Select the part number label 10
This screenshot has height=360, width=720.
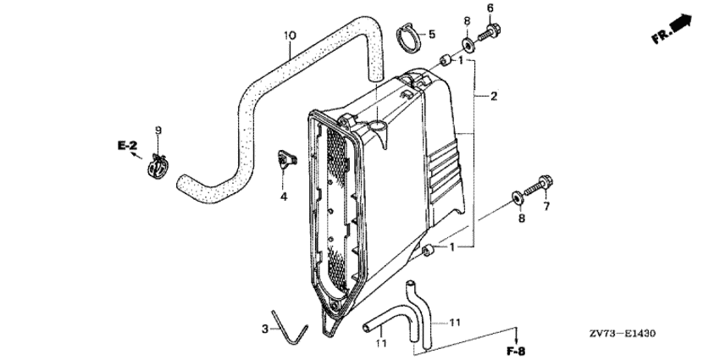click(290, 35)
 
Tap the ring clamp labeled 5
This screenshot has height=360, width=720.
click(407, 37)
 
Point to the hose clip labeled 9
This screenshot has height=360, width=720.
click(158, 167)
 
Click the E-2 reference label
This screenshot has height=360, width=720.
click(127, 146)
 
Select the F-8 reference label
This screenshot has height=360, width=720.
click(516, 352)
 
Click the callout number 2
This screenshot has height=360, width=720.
click(494, 96)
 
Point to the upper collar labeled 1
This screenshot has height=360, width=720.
click(444, 60)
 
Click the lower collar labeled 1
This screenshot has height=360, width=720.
click(428, 252)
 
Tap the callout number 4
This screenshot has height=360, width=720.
click(284, 197)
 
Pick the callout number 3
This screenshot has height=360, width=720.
click(265, 329)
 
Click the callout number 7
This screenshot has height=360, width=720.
click(546, 207)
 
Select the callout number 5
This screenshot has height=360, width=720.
click(432, 34)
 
